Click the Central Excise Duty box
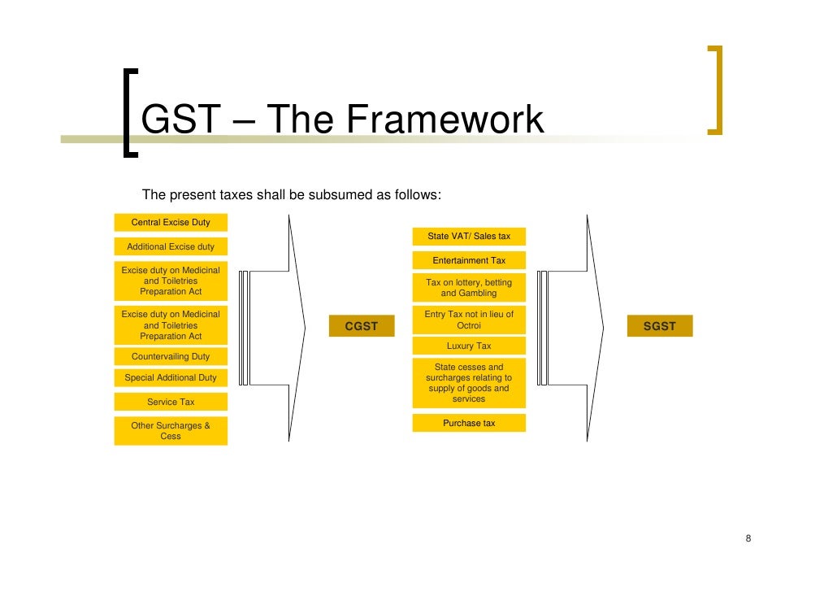pos(171,222)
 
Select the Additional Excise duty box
pos(171,246)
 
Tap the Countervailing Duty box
pos(171,356)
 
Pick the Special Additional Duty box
pos(171,377)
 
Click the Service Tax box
pos(171,402)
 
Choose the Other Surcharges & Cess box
pos(171,430)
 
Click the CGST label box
pos(362,326)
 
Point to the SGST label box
pos(659,326)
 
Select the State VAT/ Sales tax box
pos(469,236)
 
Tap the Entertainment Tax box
pos(469,260)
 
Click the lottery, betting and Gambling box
pos(469,288)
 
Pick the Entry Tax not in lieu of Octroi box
pos(469,320)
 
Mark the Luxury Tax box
pos(469,346)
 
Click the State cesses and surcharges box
pos(469,383)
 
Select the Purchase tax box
pos(469,423)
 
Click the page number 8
pos(748,539)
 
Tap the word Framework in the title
pos(445,120)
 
